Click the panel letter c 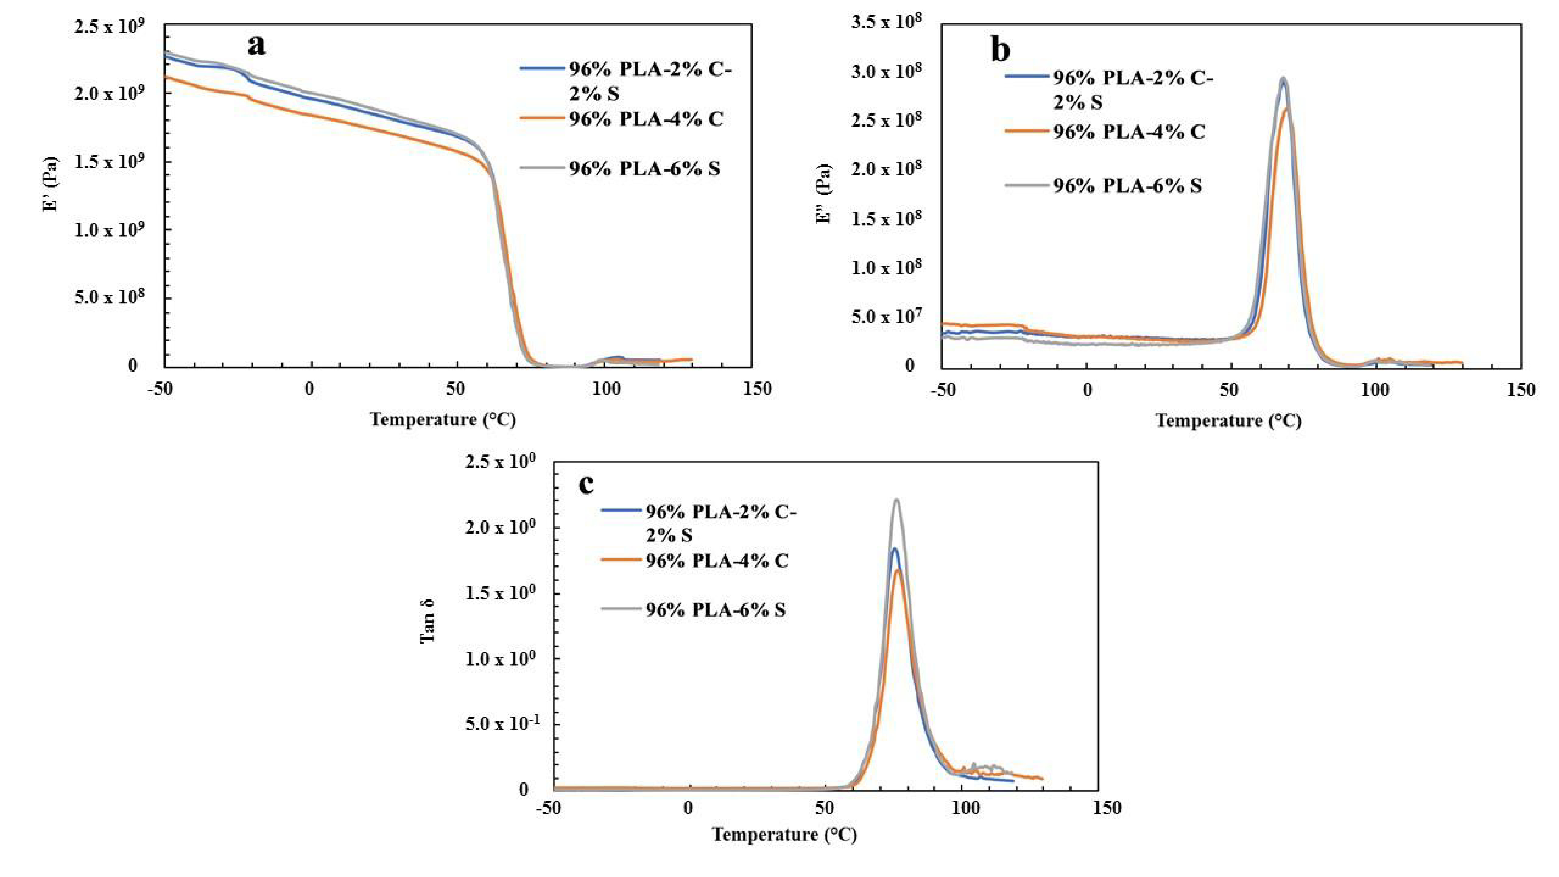(x=586, y=484)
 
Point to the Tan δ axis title (x=427, y=620)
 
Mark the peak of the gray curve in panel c (x=896, y=500)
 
